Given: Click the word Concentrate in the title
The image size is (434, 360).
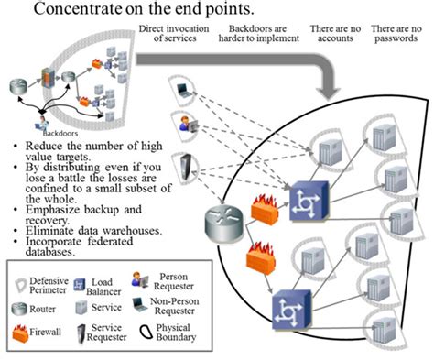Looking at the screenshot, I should (x=79, y=11).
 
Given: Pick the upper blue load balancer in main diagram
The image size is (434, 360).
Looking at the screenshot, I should (x=302, y=198).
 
